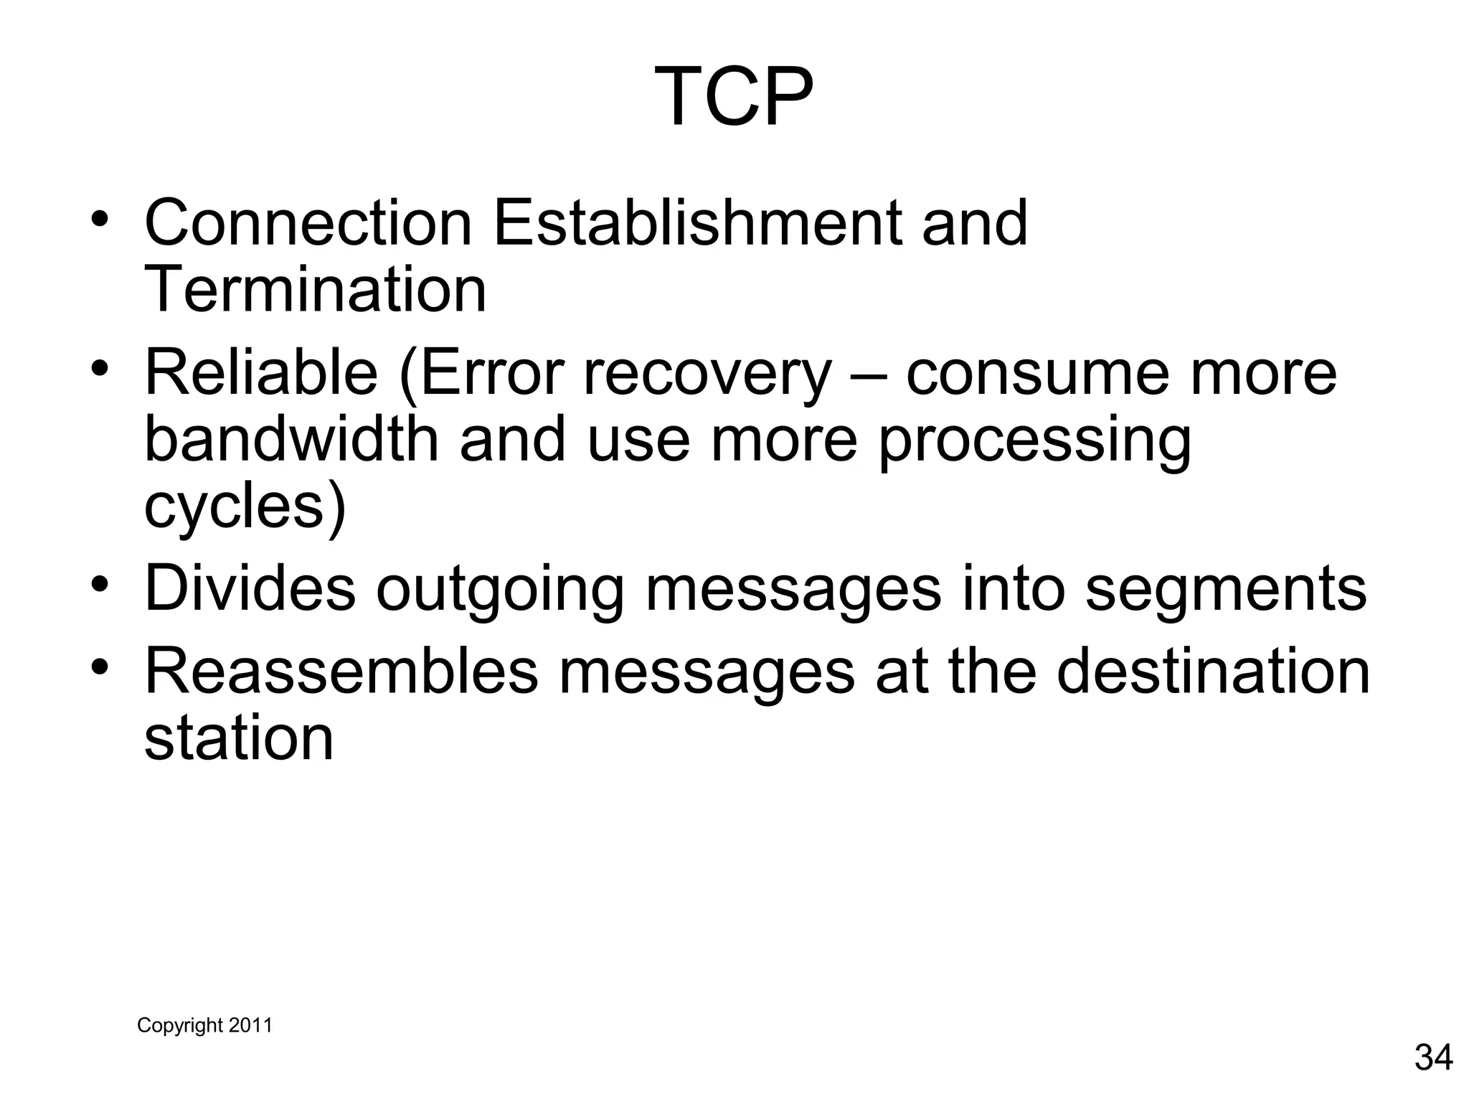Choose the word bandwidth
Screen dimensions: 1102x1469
point(291,439)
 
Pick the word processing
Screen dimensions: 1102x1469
point(1034,441)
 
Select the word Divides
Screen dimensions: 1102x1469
point(250,588)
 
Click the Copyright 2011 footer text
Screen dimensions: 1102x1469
point(204,1025)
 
